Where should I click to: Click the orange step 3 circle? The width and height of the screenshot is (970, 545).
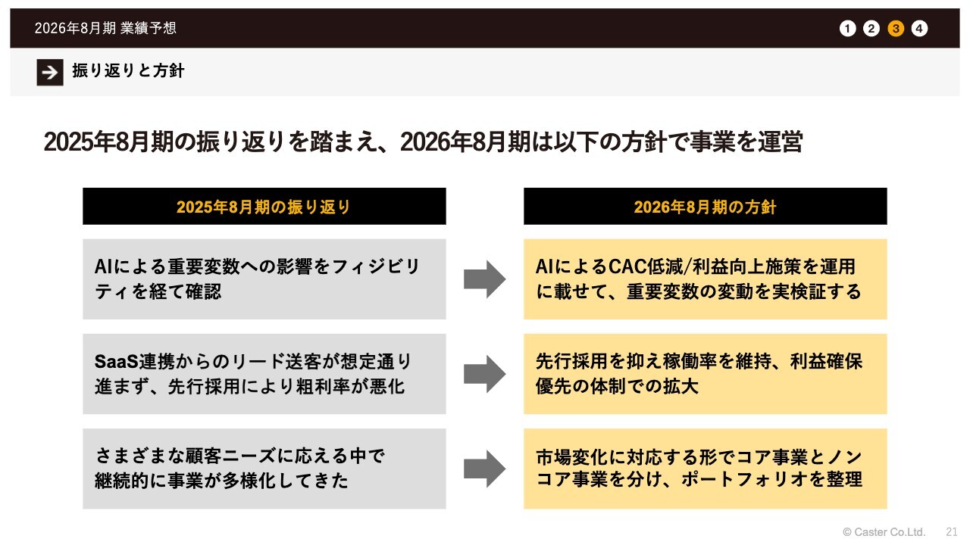(x=896, y=29)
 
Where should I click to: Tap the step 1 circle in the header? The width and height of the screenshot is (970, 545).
(x=848, y=29)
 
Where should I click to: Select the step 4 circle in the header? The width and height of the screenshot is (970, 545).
(x=919, y=29)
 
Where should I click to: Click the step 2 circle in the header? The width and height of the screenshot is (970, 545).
(x=871, y=29)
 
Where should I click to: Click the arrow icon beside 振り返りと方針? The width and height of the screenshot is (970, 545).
(x=50, y=72)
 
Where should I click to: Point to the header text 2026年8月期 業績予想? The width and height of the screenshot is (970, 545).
(x=105, y=29)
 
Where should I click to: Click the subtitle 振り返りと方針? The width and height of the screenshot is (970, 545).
(x=128, y=71)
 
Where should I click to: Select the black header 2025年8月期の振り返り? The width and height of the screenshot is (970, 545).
(x=264, y=207)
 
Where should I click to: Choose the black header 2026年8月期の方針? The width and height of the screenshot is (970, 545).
(x=705, y=207)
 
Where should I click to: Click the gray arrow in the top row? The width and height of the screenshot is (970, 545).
(x=484, y=279)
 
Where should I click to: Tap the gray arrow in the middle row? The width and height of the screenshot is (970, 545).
(x=484, y=374)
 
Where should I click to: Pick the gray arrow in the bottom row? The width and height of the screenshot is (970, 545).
(x=484, y=469)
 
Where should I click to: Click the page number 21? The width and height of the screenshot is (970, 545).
(x=952, y=531)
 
